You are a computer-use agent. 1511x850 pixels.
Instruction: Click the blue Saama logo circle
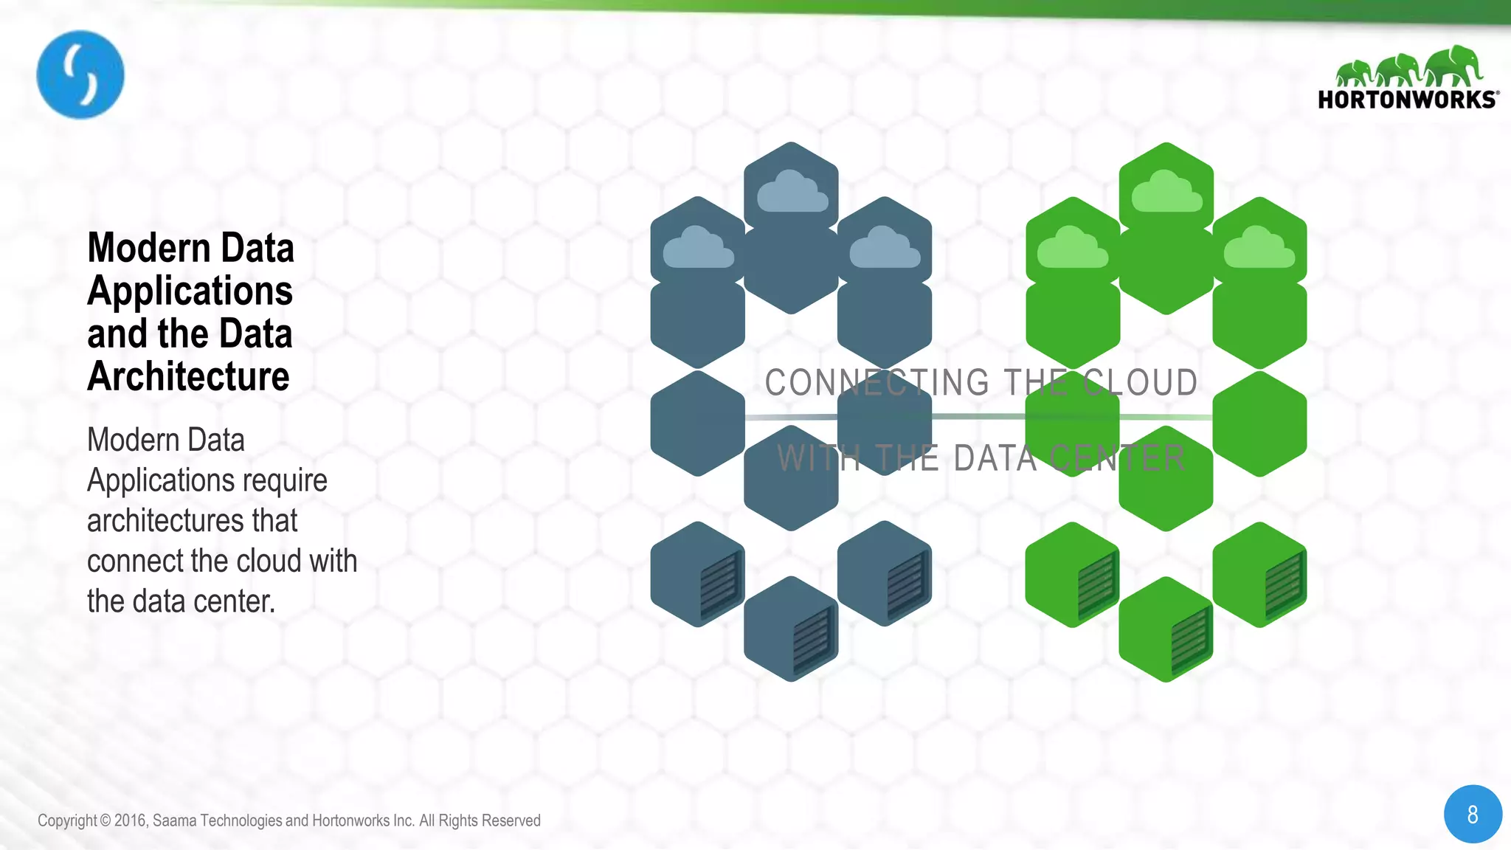[x=80, y=75]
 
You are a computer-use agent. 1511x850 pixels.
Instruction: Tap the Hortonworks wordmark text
[x=1407, y=100]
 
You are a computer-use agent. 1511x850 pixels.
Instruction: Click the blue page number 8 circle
[x=1473, y=814]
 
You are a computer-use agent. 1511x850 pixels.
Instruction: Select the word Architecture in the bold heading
[x=188, y=376]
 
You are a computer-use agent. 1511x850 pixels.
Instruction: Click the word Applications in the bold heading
[x=190, y=291]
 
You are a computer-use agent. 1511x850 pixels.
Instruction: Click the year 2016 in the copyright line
[x=131, y=820]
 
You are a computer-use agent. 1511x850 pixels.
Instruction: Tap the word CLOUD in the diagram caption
[x=1141, y=382]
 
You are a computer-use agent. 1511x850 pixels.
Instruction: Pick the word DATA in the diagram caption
[x=995, y=458]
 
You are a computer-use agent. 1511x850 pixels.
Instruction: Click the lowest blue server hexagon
[x=792, y=629]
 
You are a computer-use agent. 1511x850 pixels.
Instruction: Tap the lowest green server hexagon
[x=1166, y=629]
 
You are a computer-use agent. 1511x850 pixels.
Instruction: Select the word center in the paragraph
[x=242, y=601]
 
